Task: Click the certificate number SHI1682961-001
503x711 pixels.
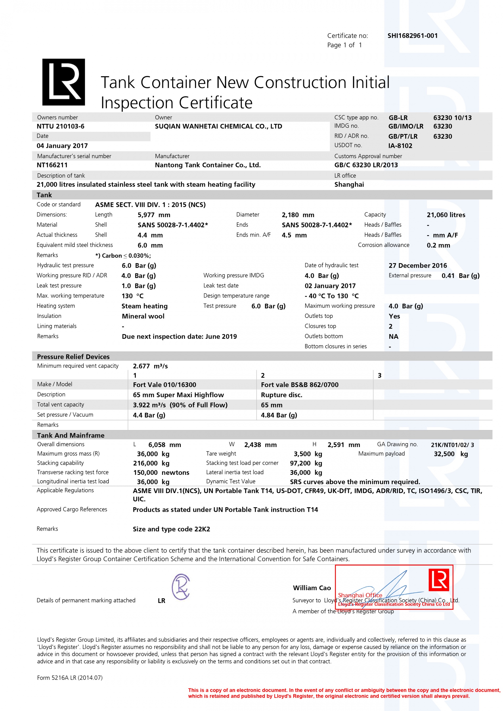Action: coord(412,36)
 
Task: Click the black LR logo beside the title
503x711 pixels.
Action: coord(63,82)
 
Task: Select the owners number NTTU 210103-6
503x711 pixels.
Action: coord(61,126)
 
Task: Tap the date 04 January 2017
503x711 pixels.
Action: coord(62,146)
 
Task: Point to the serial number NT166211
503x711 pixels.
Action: coord(52,165)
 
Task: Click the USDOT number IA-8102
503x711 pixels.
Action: coord(400,146)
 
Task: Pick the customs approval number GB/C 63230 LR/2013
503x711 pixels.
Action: coord(366,165)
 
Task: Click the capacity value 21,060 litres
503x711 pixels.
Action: coord(446,215)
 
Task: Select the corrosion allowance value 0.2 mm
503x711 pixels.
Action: coord(438,245)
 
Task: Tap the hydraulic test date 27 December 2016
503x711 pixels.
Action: coord(418,266)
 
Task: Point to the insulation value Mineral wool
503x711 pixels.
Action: coord(143,316)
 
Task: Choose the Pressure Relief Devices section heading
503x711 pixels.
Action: coord(73,357)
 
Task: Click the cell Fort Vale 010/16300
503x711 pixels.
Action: coord(165,385)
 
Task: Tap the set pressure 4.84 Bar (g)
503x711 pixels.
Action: coord(279,415)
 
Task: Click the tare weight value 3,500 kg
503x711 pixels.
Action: coord(308,454)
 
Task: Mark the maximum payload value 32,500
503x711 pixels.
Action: coord(444,454)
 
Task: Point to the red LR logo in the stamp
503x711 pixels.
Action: coord(439,580)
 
